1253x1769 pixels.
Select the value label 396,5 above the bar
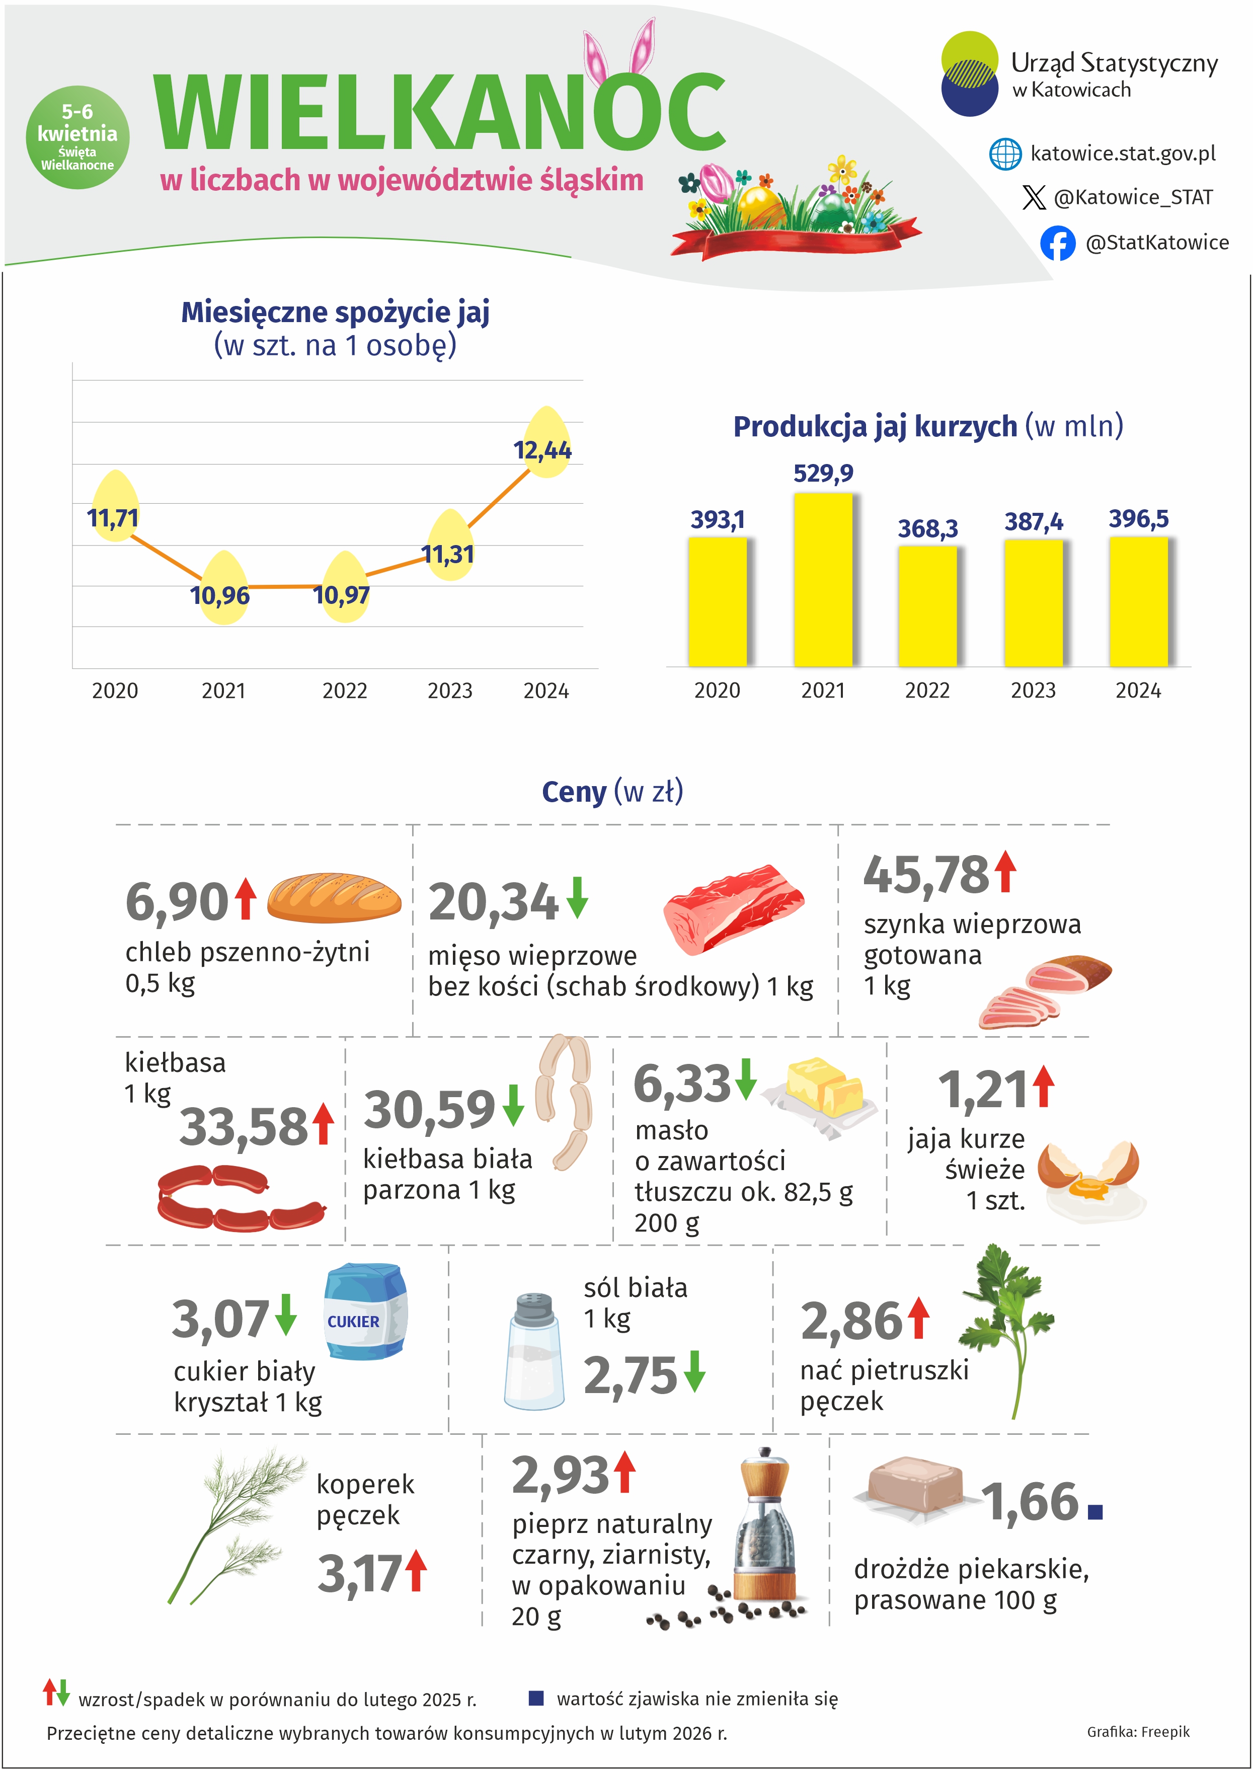click(1138, 518)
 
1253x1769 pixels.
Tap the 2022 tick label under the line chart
click(344, 690)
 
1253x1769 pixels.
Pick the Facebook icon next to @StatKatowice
click(1057, 243)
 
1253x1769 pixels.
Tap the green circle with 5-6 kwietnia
click(77, 137)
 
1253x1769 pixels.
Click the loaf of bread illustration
click(334, 897)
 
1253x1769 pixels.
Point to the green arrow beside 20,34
click(577, 897)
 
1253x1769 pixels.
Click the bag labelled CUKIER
click(364, 1312)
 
